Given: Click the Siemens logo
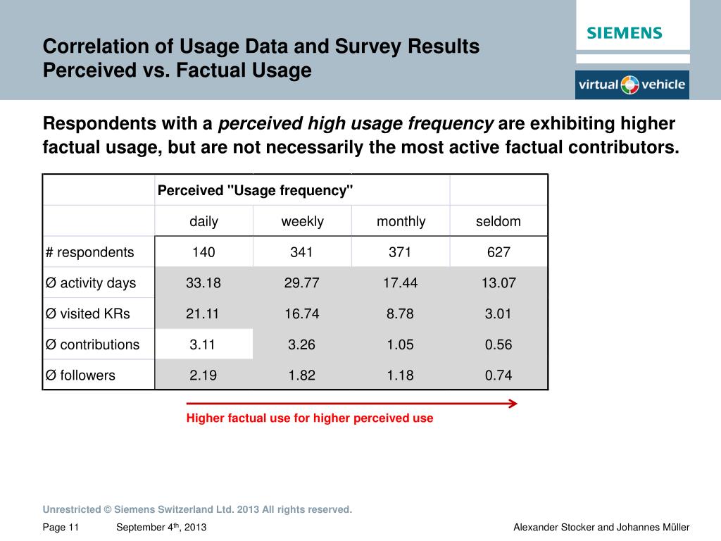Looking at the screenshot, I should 625,33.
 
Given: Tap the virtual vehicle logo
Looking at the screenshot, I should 632,85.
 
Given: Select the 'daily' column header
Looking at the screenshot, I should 203,221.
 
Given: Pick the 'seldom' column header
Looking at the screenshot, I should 499,221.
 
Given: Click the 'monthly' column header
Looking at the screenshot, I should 401,221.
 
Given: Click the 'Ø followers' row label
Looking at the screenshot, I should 80,375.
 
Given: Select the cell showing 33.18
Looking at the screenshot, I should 203,283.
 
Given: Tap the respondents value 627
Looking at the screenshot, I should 499,252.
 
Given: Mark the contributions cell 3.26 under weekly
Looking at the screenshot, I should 302,344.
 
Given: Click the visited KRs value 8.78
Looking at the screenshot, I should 401,313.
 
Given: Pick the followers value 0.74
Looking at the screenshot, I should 499,375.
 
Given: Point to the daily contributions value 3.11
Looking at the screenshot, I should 203,344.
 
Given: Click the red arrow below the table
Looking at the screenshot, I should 352,404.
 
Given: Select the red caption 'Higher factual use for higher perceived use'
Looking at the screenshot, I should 310,418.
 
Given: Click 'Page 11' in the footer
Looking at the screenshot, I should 61,528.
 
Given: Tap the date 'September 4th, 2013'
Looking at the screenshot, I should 161,528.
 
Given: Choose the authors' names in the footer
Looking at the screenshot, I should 601,528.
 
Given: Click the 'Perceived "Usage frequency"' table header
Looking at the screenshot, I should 256,191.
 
